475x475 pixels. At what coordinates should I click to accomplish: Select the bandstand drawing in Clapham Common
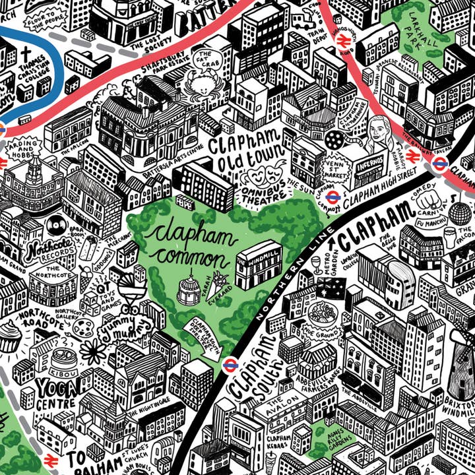pos(189,289)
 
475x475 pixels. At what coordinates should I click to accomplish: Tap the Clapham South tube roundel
pos(230,363)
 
